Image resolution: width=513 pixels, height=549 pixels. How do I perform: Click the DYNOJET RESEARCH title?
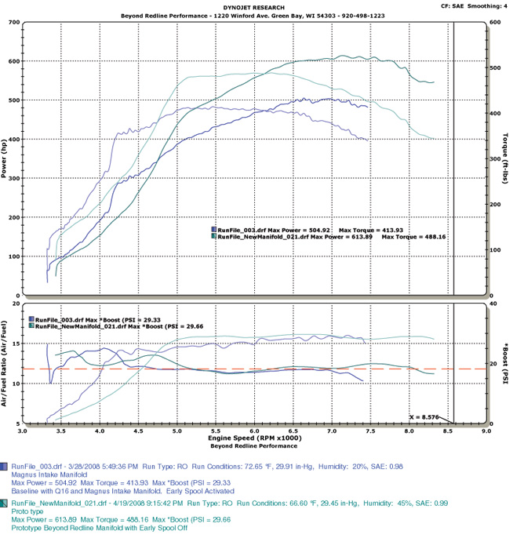pyautogui.click(x=256, y=7)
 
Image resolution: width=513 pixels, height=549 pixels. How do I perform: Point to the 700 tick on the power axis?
pyautogui.click(x=14, y=22)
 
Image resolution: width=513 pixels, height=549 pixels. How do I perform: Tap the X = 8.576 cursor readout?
pyautogui.click(x=425, y=417)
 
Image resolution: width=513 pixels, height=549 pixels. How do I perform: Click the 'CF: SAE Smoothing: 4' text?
pyautogui.click(x=470, y=5)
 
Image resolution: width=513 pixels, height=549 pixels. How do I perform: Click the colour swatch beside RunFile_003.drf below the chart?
pyautogui.click(x=5, y=464)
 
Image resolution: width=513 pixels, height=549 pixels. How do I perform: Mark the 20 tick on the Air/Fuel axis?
pyautogui.click(x=16, y=303)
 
